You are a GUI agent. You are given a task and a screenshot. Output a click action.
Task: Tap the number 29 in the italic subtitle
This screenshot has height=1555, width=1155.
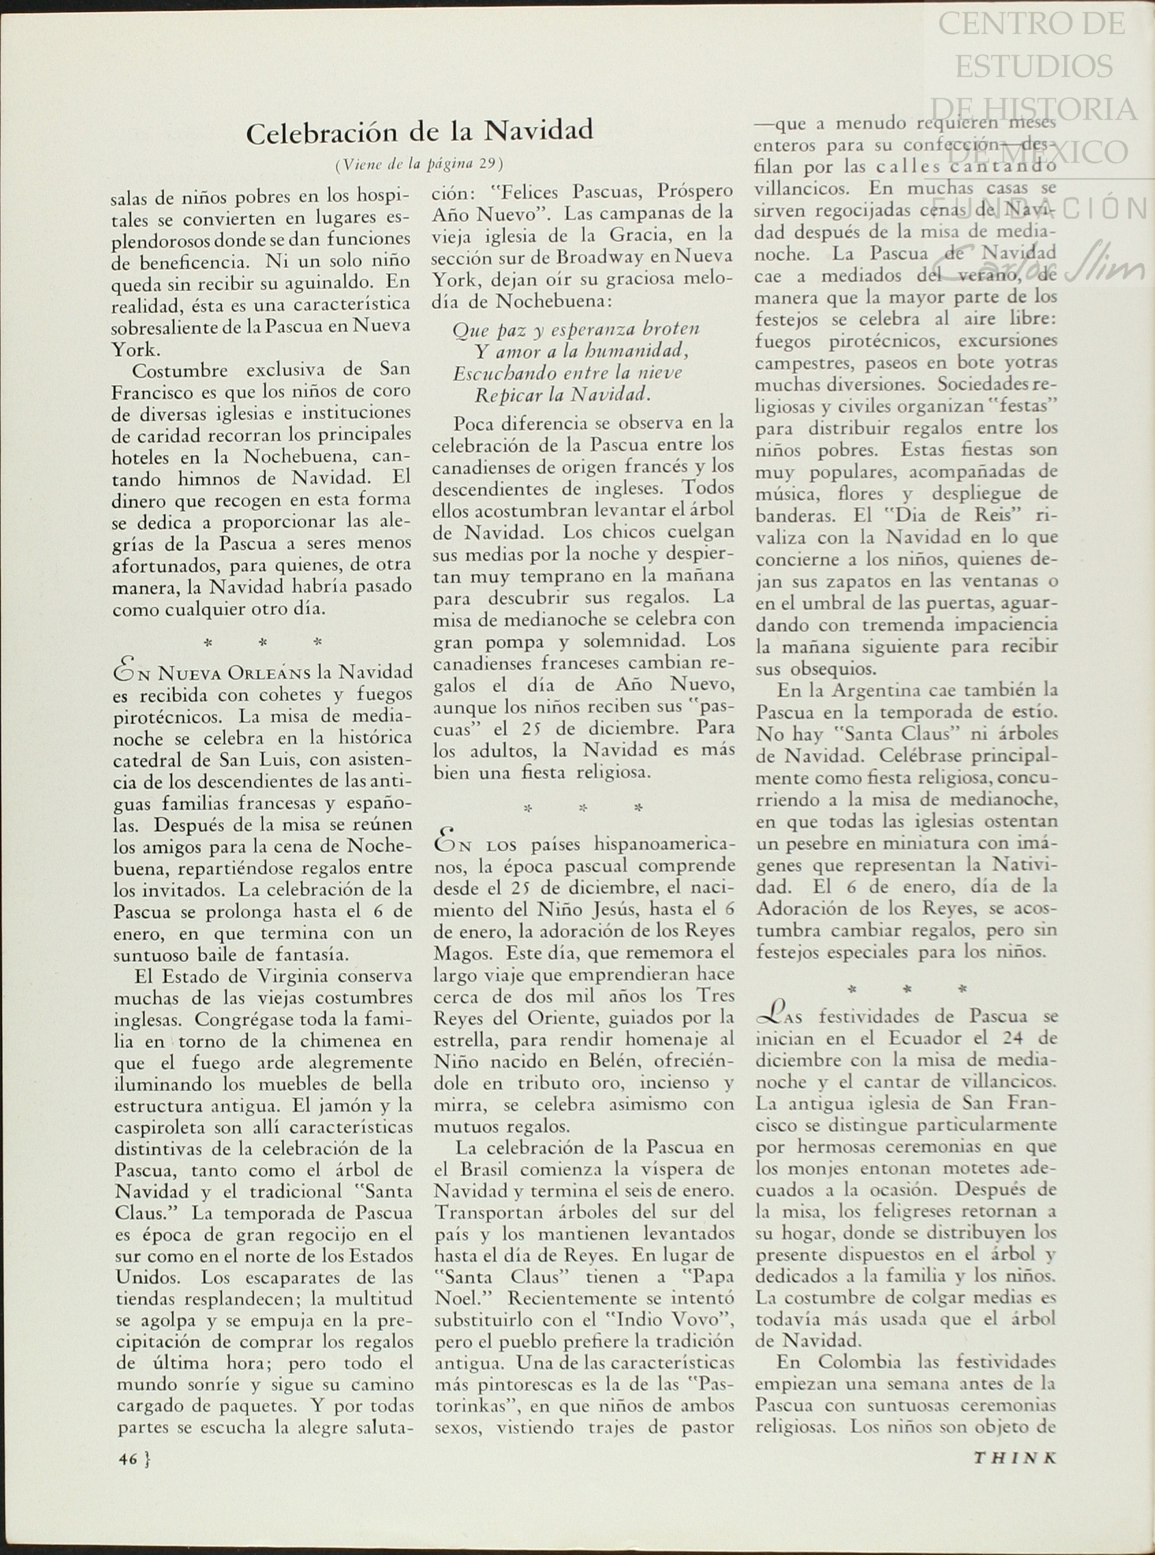[x=489, y=164]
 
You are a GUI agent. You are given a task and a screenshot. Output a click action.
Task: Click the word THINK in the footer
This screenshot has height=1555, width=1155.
[x=1014, y=1459]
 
